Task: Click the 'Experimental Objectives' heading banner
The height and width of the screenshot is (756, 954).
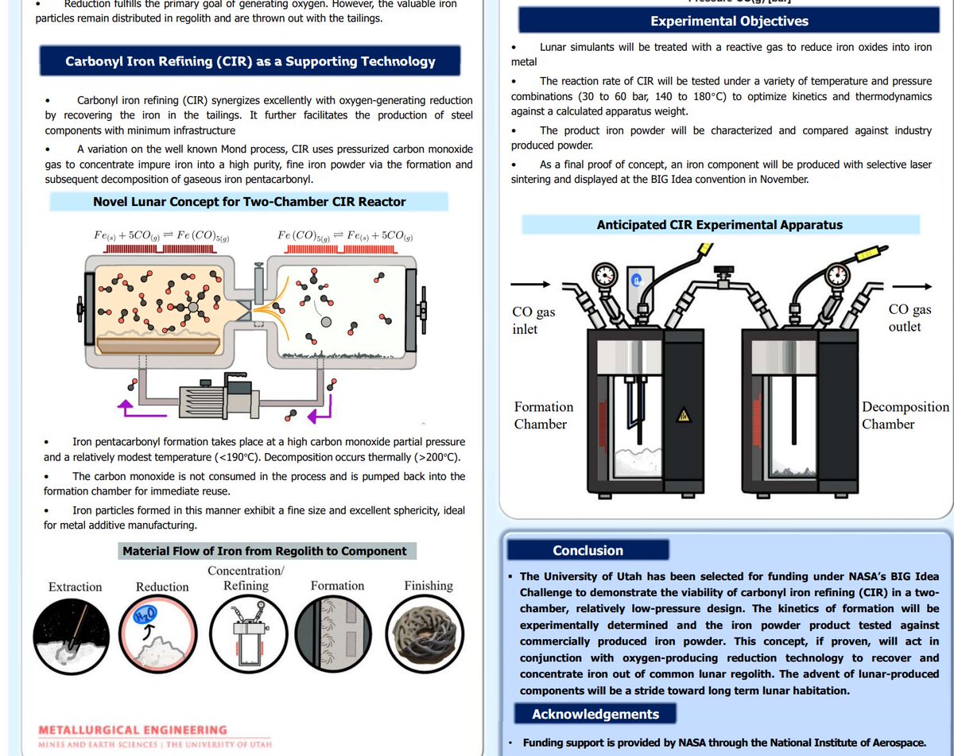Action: click(729, 21)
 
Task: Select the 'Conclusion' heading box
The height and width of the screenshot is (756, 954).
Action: click(588, 550)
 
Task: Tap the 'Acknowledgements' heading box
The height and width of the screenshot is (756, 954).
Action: click(595, 713)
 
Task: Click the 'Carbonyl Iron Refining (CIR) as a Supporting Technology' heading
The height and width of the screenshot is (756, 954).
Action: click(250, 61)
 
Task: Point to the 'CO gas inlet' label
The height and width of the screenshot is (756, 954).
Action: click(533, 320)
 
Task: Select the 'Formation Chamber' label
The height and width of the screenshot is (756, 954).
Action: click(543, 415)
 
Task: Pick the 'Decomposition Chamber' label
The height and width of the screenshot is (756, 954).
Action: click(905, 415)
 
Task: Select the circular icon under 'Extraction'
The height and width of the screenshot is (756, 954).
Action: click(75, 632)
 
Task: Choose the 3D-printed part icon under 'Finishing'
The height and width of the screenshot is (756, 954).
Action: click(429, 633)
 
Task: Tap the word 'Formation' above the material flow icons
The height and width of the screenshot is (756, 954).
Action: click(337, 586)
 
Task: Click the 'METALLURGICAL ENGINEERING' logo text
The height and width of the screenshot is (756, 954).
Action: click(132, 730)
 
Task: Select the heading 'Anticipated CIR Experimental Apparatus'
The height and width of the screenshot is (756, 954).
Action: click(719, 225)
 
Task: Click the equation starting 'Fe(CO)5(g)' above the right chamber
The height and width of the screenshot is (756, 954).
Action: click(345, 236)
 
